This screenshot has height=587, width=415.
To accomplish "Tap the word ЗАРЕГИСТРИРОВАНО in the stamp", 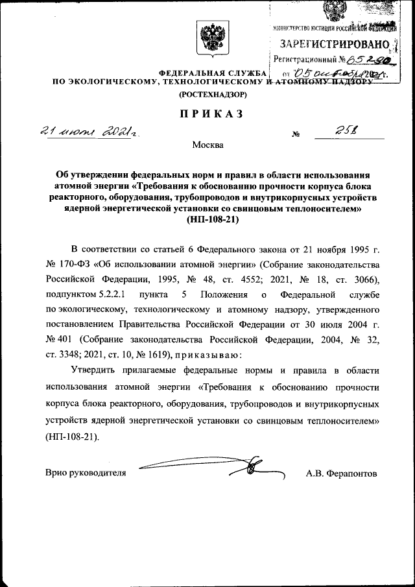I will click(x=334, y=44).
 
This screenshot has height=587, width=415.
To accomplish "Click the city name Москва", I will click(x=208, y=145).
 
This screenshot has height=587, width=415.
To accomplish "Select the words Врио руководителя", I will click(x=85, y=473).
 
